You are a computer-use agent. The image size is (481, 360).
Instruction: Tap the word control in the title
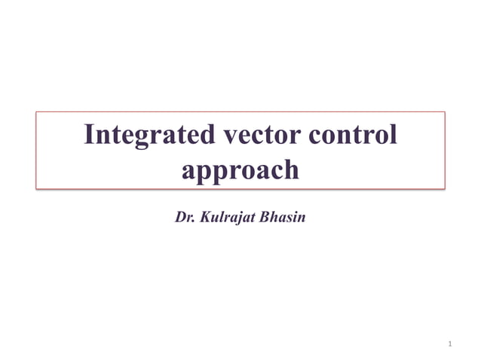[353, 136]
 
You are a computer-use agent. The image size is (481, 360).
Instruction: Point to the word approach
[240, 169]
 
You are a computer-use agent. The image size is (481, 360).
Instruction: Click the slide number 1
[449, 344]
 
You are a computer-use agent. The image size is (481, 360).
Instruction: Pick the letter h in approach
[290, 169]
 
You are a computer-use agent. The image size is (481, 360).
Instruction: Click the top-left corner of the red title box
[37, 112]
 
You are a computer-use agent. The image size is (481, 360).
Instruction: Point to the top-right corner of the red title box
[445, 112]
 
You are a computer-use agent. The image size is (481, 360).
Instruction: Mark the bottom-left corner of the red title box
[37, 188]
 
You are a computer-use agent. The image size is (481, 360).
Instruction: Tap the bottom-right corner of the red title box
[445, 188]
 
